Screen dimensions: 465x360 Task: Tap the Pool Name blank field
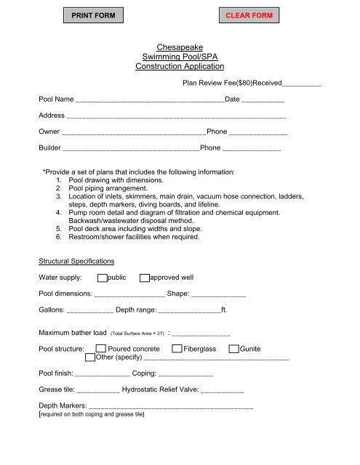tap(149, 99)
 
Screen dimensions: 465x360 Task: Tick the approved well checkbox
tap(145, 278)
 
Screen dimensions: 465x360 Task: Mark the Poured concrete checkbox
tap(101, 349)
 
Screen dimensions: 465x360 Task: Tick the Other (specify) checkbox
tap(89, 357)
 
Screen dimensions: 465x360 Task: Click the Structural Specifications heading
tap(76, 260)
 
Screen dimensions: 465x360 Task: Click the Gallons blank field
tap(89, 313)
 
